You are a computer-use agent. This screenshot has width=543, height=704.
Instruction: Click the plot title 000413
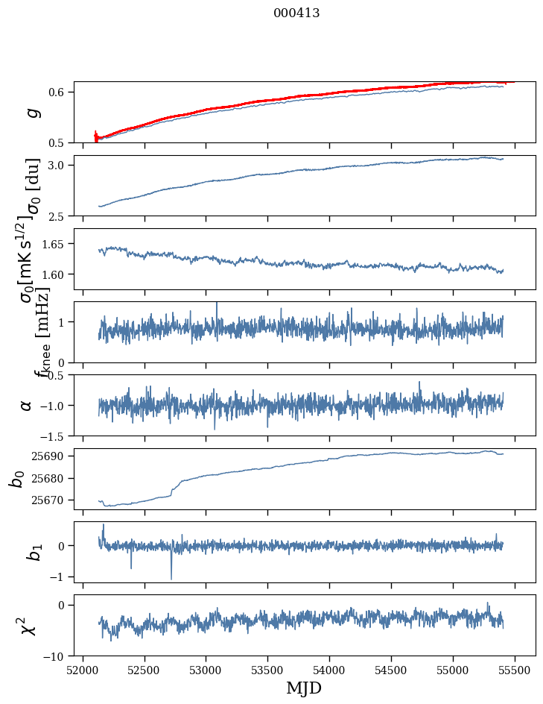tap(296, 13)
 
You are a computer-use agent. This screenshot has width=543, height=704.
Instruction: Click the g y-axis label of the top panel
tap(31, 112)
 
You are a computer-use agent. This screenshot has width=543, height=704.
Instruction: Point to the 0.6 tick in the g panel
tap(59, 92)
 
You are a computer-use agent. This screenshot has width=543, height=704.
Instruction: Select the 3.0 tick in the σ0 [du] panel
tap(59, 166)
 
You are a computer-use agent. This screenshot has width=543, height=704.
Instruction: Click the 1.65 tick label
tap(56, 244)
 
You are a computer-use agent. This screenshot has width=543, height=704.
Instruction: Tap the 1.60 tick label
tap(56, 274)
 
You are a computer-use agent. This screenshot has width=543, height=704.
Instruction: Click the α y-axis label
tap(27, 405)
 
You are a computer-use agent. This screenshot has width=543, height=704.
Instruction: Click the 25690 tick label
tap(52, 456)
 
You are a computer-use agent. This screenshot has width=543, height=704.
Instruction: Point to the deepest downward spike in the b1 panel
tap(171, 578)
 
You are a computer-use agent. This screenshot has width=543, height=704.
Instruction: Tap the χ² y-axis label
tap(28, 626)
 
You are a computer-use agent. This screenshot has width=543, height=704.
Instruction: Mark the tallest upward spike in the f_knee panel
tap(217, 304)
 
